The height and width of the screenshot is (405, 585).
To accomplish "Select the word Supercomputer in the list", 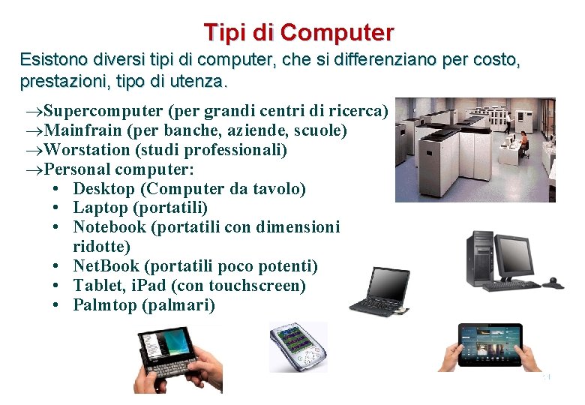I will pyautogui.click(x=103, y=112).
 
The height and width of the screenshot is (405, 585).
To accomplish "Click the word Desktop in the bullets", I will pyautogui.click(x=103, y=189).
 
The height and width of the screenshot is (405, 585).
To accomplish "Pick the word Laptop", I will pyautogui.click(x=100, y=208).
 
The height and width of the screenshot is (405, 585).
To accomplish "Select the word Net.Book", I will pyautogui.click(x=106, y=266).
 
